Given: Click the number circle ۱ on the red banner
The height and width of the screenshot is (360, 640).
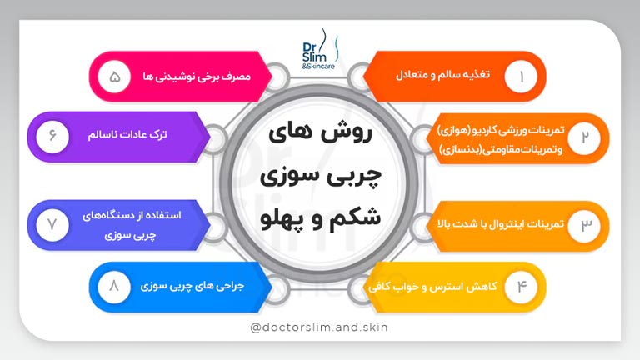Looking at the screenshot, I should [x=522, y=77].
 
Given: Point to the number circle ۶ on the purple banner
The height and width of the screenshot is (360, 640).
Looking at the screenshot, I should [x=52, y=134].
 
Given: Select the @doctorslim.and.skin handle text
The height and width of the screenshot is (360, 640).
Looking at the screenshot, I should [x=319, y=327].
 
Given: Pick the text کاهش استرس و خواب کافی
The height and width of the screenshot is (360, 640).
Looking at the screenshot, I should [x=430, y=287].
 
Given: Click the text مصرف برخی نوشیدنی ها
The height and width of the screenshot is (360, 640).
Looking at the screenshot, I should [x=204, y=76].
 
